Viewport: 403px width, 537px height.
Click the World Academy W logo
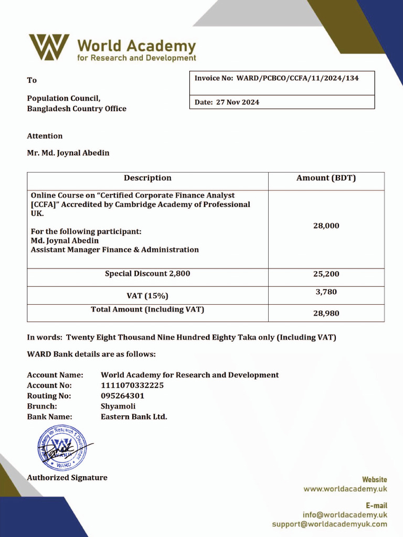click(49, 47)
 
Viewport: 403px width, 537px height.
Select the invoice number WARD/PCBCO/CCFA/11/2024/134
click(298, 78)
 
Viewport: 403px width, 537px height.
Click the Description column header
click(147, 178)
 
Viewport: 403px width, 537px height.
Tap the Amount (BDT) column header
click(326, 178)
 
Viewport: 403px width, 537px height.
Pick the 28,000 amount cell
click(326, 226)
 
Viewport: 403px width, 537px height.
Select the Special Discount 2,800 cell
click(147, 274)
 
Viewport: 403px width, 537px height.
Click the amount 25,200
click(326, 274)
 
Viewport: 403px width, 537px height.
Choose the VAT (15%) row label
click(147, 296)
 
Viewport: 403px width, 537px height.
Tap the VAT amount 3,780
click(326, 292)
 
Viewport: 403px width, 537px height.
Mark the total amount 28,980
click(326, 314)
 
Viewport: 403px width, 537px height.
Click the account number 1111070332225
click(132, 385)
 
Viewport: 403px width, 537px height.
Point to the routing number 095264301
click(122, 396)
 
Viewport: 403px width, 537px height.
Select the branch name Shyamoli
click(118, 406)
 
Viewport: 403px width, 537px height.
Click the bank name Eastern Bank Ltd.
click(134, 417)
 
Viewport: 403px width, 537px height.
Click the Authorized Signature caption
click(67, 478)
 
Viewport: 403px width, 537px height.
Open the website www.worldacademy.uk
click(345, 489)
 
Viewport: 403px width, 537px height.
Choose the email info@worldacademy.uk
click(345, 515)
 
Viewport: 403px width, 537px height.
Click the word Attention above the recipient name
click(45, 136)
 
